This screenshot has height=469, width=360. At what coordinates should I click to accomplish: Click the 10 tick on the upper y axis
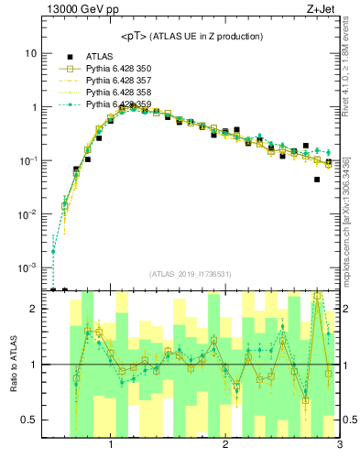click(30, 53)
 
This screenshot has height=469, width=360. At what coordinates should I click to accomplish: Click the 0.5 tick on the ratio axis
click(28, 420)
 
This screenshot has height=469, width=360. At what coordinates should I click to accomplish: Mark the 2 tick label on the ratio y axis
click(33, 309)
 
